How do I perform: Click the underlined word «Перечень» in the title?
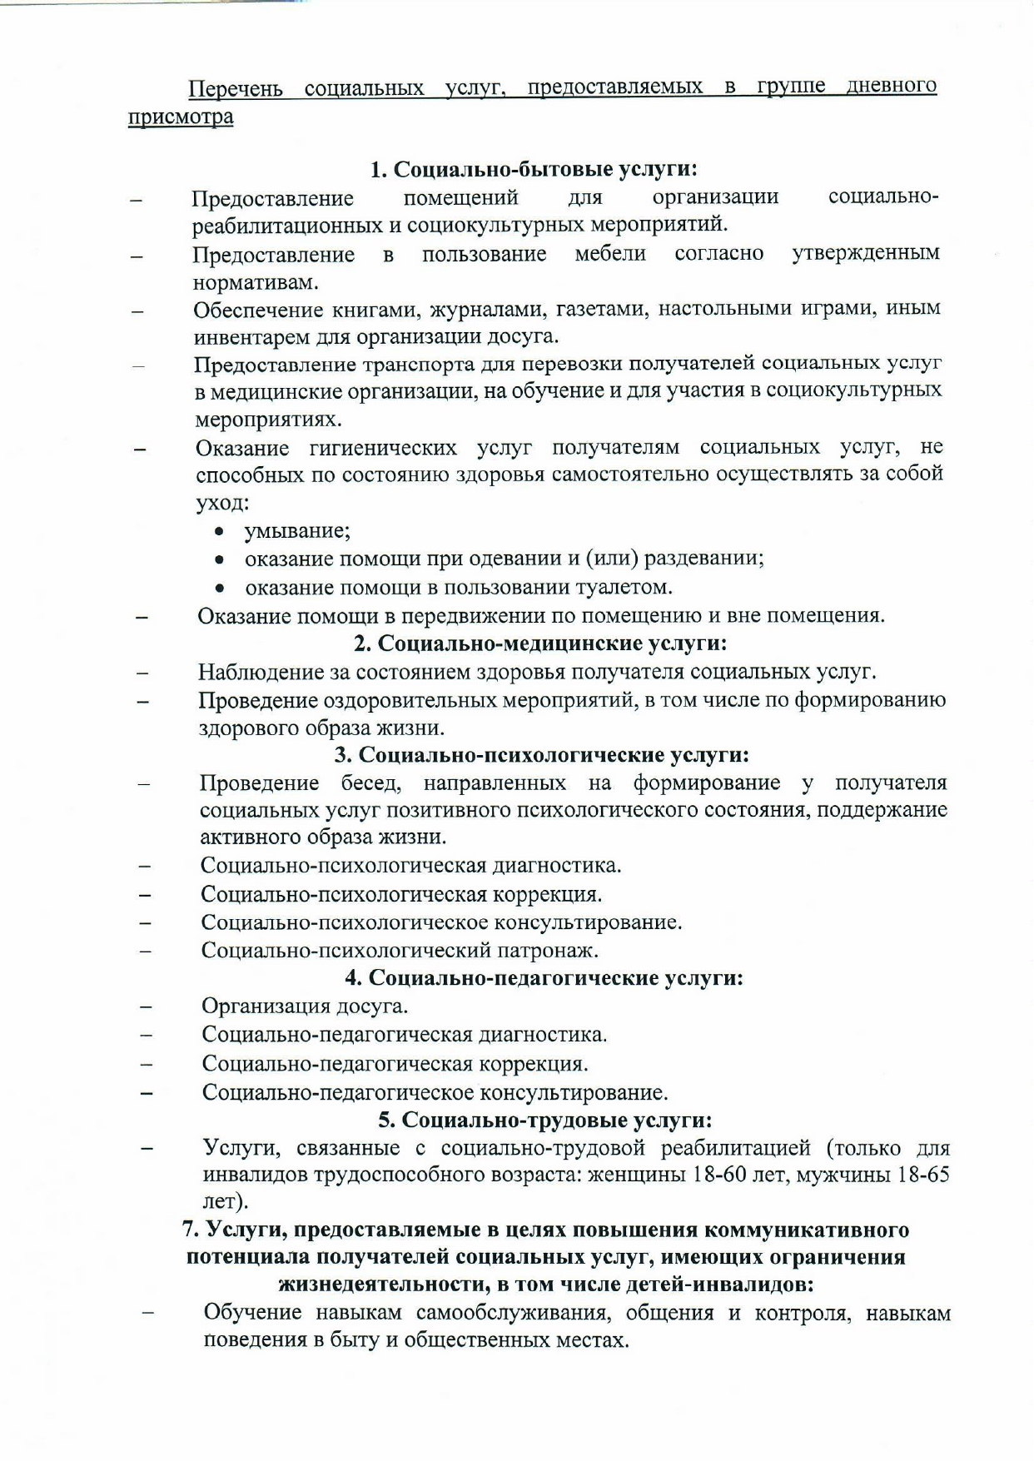pos(236,88)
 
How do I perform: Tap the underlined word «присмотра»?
pos(181,117)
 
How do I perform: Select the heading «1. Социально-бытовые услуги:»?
pos(534,169)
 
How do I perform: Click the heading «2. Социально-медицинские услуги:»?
pos(540,643)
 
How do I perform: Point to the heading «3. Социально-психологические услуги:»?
pos(542,754)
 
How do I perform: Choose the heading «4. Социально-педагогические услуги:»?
pos(544,977)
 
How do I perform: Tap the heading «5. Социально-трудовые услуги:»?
pos(545,1120)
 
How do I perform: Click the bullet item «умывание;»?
pos(297,531)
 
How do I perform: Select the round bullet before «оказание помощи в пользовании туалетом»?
pos(220,589)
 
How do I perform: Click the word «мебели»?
pos(610,254)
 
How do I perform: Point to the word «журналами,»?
pos(486,310)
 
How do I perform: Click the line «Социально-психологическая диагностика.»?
pos(411,865)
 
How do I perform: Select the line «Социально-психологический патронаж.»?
pos(400,950)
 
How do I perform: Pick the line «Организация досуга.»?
pos(305,1006)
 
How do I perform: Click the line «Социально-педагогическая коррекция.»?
pos(395,1064)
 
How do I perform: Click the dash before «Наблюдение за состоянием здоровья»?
pos(143,673)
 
